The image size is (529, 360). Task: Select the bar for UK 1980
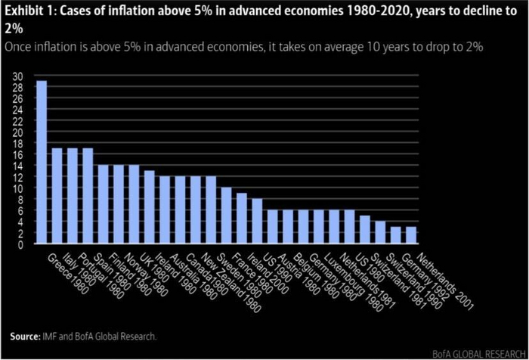point(150,207)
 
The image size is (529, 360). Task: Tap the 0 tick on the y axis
point(20,245)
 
